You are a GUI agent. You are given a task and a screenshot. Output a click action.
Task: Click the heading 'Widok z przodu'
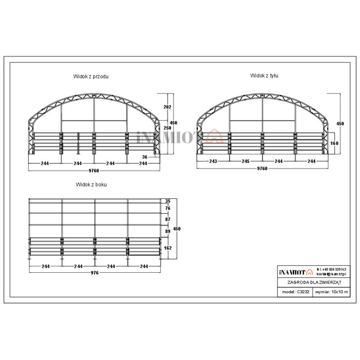point(91,76)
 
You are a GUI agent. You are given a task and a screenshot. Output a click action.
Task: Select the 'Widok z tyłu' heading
point(264,76)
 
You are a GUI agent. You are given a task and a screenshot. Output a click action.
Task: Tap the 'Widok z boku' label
point(91,184)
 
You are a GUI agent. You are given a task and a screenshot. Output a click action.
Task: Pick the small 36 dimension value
point(144,157)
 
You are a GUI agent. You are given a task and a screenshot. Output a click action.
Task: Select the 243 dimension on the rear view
point(213,161)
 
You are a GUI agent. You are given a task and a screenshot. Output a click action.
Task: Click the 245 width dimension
point(246,161)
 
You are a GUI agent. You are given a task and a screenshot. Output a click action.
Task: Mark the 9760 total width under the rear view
point(262,168)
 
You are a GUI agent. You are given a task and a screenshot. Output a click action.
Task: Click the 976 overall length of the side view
point(94,273)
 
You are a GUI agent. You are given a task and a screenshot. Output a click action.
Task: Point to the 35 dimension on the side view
point(168,201)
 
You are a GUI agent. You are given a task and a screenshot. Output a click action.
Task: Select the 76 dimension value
point(168,208)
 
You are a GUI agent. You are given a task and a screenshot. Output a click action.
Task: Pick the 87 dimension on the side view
point(168,219)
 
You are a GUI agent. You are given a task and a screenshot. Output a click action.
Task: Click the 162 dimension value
point(168,247)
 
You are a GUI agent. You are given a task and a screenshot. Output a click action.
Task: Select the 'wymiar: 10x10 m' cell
point(332,292)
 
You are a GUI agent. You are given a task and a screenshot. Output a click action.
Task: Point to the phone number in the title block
point(332,269)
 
